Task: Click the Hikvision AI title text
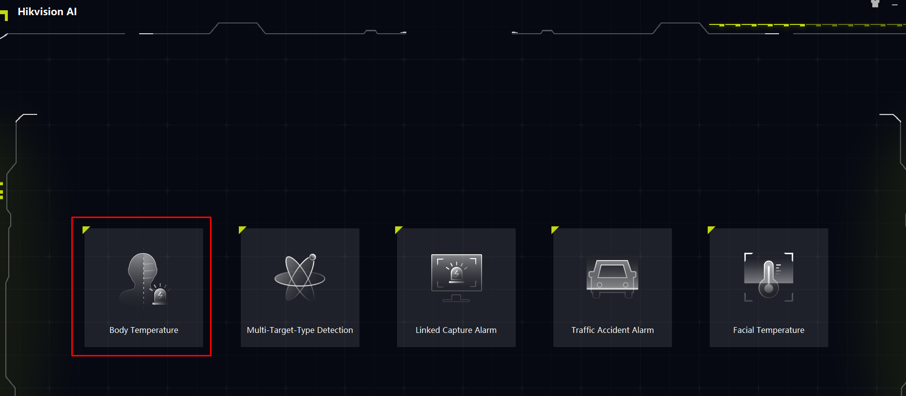[47, 12]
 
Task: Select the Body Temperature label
[144, 330]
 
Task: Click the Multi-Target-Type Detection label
[300, 330]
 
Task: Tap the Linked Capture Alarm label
[456, 330]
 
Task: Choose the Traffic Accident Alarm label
[612, 330]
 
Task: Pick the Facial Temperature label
[769, 330]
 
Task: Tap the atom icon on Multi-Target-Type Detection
[300, 277]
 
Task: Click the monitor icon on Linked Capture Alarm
[456, 278]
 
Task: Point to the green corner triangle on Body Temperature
[85, 229]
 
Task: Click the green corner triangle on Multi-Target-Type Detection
[241, 229]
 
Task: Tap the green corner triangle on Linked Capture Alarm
[398, 229]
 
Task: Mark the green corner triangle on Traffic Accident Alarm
[554, 229]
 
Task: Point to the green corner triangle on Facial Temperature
[710, 229]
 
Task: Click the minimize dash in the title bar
[895, 4]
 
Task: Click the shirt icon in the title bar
[875, 3]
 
